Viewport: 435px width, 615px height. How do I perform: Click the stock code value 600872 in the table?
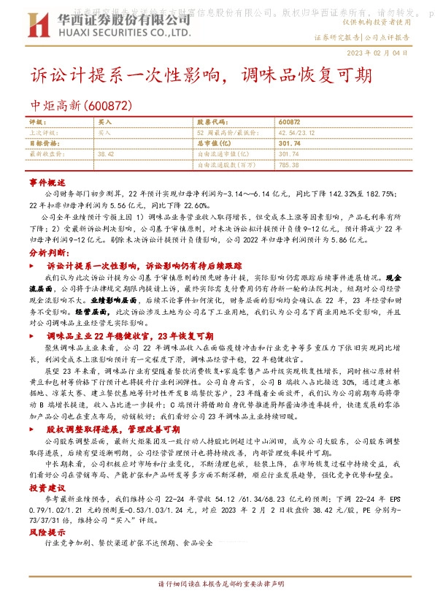click(289, 122)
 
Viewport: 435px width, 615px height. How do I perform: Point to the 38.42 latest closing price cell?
click(106, 155)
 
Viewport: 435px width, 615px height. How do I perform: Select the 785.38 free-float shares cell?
click(289, 166)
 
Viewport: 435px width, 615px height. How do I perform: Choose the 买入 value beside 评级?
click(105, 122)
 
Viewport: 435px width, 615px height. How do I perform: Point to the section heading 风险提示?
click(47, 533)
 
